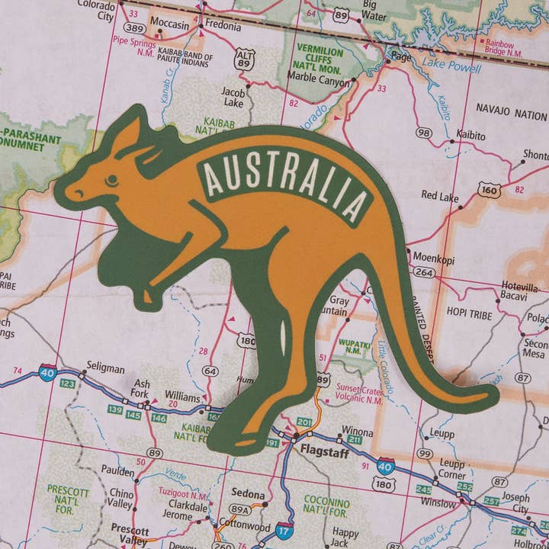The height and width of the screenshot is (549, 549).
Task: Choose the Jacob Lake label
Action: pos(233,96)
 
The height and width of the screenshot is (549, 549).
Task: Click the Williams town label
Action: pos(182,398)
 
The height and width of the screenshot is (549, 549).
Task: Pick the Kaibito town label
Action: pos(470,135)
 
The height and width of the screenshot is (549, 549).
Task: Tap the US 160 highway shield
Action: pos(490,189)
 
